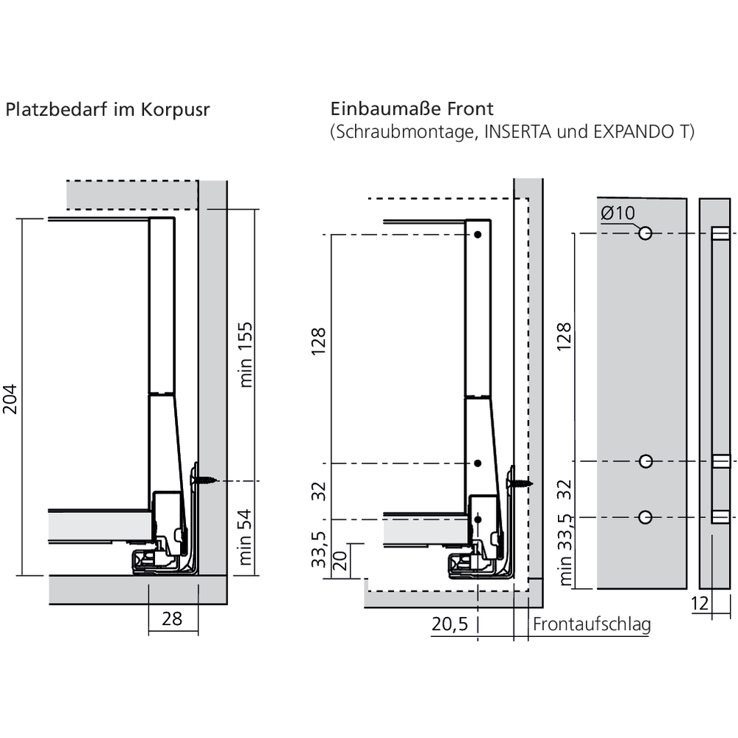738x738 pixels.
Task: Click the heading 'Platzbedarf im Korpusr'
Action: pos(108,110)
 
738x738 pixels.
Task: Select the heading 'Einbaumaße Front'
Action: pos(412,109)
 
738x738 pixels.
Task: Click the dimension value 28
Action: pos(172,618)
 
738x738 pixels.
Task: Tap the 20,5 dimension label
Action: pos(449,624)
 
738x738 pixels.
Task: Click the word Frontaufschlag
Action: pos(592,625)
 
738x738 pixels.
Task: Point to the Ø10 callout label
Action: pos(617,213)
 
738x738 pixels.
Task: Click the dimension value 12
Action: pos(700,604)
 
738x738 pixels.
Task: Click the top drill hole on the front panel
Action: pos(645,233)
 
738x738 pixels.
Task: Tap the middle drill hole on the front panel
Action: pos(645,462)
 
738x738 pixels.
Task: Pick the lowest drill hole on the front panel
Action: pos(645,517)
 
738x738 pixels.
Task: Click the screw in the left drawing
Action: pos(205,479)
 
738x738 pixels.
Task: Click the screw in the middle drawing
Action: pos(521,483)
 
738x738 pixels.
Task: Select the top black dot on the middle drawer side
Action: pos(478,235)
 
